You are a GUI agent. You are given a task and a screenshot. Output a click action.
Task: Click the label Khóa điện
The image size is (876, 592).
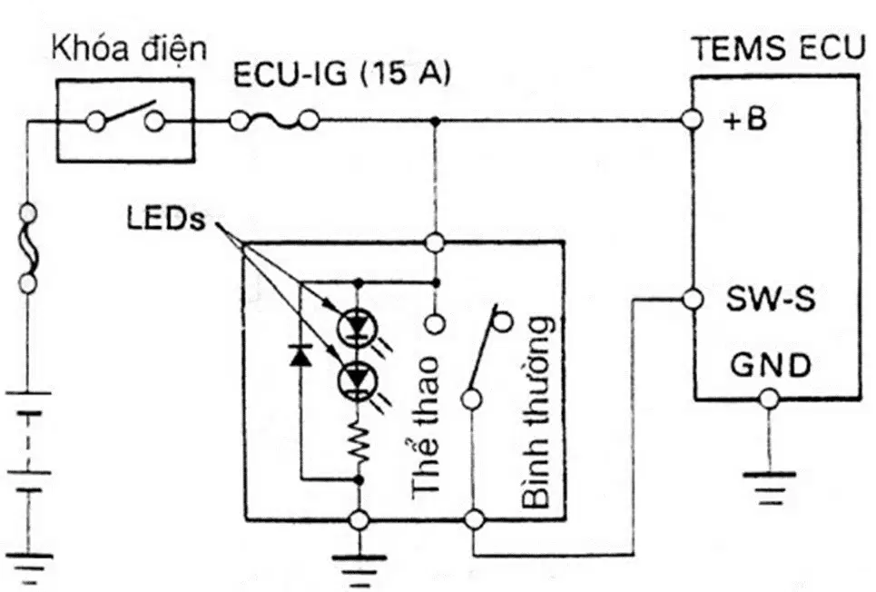tap(129, 49)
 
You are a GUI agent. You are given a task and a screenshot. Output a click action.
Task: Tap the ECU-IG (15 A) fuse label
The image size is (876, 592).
tap(341, 74)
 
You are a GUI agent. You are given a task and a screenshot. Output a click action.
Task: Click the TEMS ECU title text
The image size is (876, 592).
tap(778, 49)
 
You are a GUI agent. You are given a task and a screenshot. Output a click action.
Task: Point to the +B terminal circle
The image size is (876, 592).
tap(692, 120)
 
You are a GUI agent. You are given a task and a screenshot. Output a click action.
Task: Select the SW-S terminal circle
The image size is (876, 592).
tap(693, 300)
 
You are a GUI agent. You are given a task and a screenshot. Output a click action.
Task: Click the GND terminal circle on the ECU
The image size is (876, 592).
tap(769, 400)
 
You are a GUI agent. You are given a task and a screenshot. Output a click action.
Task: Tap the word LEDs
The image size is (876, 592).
tap(166, 219)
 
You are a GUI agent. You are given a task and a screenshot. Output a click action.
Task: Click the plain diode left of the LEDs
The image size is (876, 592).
tap(300, 355)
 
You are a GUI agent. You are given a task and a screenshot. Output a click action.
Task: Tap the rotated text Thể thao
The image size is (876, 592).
tap(426, 427)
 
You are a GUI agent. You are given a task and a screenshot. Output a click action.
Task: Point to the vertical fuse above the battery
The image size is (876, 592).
tap(28, 248)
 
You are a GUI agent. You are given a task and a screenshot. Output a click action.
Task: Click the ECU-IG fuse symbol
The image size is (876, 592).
tap(274, 120)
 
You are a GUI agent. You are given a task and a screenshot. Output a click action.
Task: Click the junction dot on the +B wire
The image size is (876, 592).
tap(437, 120)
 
